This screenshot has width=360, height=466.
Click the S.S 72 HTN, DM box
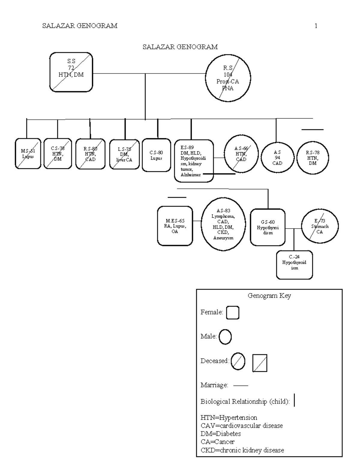coord(71,72)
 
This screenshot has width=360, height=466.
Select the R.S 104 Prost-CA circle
coord(228,78)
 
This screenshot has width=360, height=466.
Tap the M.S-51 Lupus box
coord(28,154)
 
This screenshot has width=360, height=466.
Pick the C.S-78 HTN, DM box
coord(58,154)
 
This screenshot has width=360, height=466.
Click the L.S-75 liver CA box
coord(124,154)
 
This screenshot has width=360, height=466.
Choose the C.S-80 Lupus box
coord(156,155)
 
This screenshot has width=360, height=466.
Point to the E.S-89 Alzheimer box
coord(194,161)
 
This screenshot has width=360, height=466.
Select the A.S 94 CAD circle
coord(277,158)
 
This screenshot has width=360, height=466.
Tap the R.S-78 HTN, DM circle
coord(313,158)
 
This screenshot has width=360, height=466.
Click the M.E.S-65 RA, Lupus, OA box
coord(175,226)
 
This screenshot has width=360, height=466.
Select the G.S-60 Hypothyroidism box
coord(268,227)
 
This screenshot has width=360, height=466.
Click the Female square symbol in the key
coord(232,313)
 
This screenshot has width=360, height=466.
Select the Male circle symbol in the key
coord(225,337)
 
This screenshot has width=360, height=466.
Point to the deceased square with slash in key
coord(259,363)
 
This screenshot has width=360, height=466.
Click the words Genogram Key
coord(269,296)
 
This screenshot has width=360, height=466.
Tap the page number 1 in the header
coord(316,26)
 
